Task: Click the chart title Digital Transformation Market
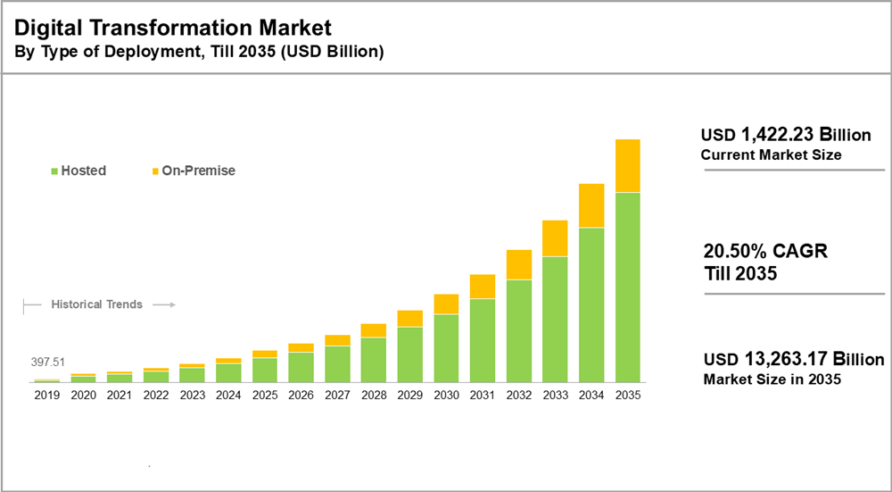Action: click(x=173, y=28)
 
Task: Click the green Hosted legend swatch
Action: click(x=55, y=171)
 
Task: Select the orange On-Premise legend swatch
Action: click(x=155, y=171)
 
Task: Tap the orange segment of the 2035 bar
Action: click(x=627, y=166)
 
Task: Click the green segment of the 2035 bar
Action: click(x=627, y=287)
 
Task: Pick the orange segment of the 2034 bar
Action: click(x=591, y=206)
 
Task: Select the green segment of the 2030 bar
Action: click(x=446, y=348)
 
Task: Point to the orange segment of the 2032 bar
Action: click(x=519, y=265)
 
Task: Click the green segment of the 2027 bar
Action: click(x=337, y=363)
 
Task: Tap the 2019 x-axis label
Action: click(x=46, y=395)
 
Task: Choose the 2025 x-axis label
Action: click(x=265, y=395)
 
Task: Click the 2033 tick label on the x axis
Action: click(x=555, y=395)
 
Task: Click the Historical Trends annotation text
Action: click(x=96, y=304)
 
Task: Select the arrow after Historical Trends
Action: click(x=163, y=304)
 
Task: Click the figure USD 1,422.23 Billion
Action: click(x=785, y=136)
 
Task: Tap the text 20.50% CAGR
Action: click(x=765, y=252)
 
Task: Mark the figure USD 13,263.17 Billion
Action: click(x=793, y=360)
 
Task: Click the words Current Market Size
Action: click(x=771, y=155)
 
